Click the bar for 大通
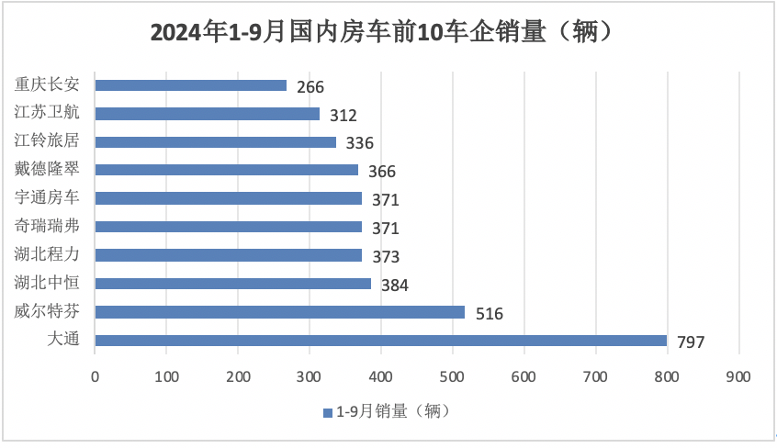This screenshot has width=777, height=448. [x=380, y=341]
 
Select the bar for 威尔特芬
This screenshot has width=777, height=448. [x=280, y=312]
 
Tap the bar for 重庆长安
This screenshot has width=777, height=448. [x=191, y=85]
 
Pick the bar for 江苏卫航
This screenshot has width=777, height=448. [x=208, y=114]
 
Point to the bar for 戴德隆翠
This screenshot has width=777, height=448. [x=227, y=170]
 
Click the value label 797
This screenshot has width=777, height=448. [x=691, y=342]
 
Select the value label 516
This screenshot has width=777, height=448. [x=490, y=314]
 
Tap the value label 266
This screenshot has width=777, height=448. [x=310, y=87]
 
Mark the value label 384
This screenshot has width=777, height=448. [x=395, y=286]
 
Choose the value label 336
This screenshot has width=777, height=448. [x=359, y=143]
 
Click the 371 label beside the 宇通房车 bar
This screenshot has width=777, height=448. [x=386, y=200]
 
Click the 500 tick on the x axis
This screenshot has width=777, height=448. [x=453, y=376]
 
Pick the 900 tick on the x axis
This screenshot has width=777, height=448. [x=738, y=376]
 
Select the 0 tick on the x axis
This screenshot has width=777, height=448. [x=96, y=376]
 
